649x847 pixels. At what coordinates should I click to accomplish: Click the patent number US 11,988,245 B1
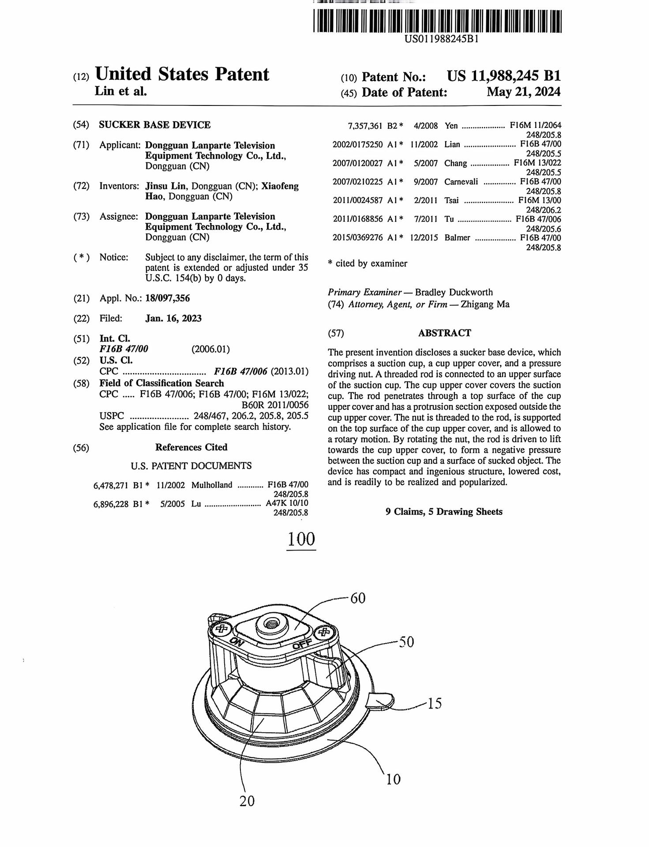[503, 76]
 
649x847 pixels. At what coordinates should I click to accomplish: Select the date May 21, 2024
[523, 92]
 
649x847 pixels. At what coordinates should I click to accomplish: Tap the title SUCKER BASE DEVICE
[154, 125]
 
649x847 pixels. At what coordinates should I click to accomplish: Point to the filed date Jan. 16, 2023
[173, 319]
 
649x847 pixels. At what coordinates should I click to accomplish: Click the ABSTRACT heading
[444, 333]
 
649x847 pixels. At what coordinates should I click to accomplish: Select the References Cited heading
[191, 447]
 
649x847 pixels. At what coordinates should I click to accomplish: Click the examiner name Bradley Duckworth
[454, 292]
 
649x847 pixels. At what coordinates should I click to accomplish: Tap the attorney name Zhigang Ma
[485, 304]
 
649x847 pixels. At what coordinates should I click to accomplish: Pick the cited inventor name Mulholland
[212, 485]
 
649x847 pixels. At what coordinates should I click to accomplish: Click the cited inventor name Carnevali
[461, 182]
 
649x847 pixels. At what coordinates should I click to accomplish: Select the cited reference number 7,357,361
[365, 126]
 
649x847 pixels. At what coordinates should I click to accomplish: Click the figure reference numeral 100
[301, 539]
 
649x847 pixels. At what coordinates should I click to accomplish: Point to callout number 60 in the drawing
[358, 599]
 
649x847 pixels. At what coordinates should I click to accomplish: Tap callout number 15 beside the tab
[434, 703]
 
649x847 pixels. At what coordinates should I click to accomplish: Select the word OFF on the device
[302, 644]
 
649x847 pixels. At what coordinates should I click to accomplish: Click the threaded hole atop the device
[269, 624]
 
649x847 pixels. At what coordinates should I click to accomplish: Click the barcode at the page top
[437, 22]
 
